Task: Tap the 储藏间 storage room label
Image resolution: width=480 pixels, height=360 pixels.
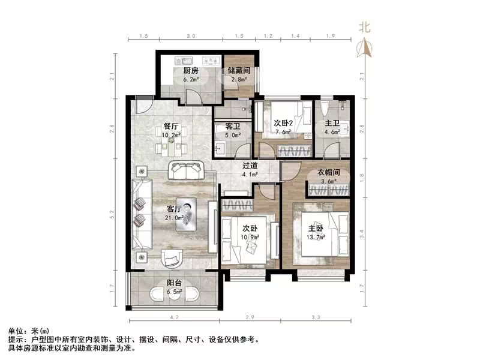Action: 238,70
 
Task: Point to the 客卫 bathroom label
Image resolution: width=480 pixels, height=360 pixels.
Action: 233,127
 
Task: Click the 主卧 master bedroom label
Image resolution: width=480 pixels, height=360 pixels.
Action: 316,229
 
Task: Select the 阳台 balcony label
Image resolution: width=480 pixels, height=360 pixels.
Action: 175,285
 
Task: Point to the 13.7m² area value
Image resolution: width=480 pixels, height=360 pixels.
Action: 316,237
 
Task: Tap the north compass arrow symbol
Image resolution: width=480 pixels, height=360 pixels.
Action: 364,46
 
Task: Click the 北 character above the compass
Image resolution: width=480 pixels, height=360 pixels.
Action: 364,26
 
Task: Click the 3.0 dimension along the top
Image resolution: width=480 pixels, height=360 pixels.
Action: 191,37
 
